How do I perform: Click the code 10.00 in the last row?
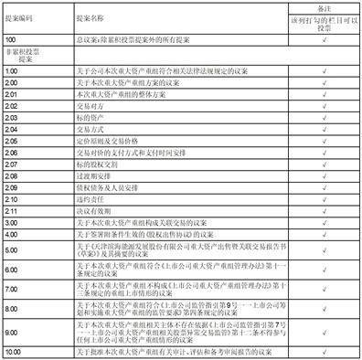(x=14, y=352)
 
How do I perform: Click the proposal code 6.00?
(x=12, y=271)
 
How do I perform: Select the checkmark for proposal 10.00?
(x=312, y=352)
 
